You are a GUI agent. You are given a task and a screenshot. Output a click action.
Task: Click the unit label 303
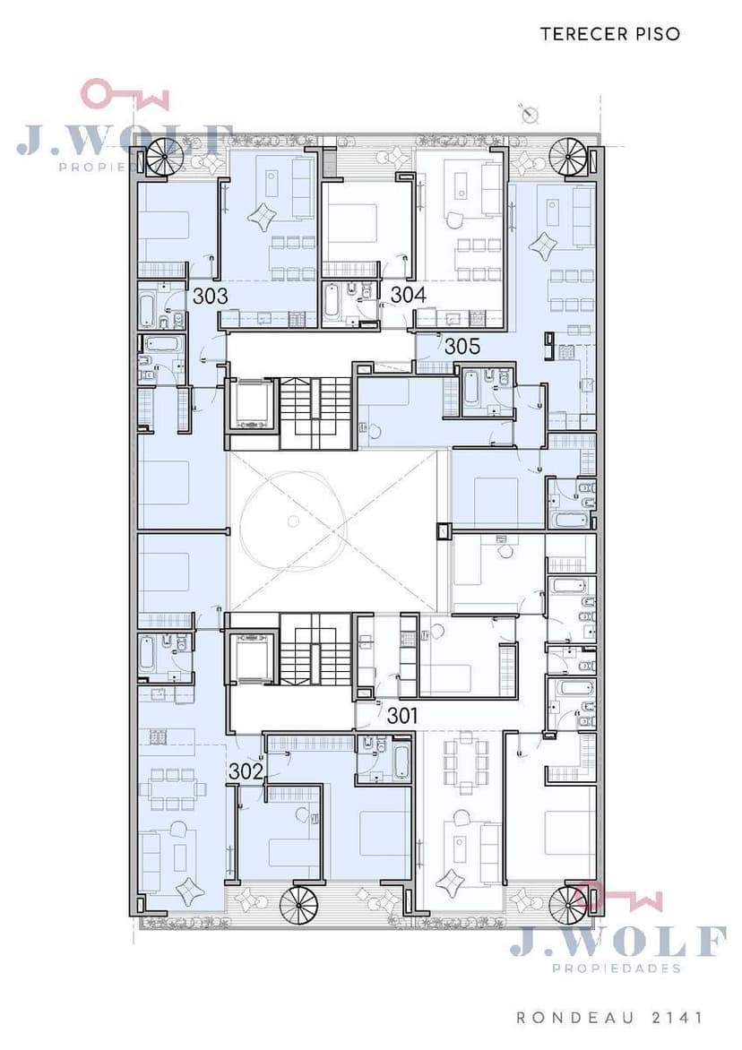(211, 296)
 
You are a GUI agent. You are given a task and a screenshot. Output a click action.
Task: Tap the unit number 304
(409, 294)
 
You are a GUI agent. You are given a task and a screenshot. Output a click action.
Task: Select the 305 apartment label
(462, 346)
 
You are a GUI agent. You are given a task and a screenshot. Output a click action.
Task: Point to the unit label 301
(402, 716)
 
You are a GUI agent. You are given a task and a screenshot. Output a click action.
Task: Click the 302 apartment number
(246, 771)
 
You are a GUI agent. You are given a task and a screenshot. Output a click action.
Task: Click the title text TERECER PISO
(610, 34)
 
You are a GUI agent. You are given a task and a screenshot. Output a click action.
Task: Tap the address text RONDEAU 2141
(610, 1018)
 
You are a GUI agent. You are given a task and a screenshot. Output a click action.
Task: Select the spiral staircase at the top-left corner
(163, 159)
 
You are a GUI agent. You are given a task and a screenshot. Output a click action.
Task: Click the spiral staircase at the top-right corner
(568, 158)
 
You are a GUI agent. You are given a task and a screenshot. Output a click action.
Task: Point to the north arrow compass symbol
(531, 116)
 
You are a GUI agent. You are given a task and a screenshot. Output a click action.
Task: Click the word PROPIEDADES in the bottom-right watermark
(617, 968)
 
